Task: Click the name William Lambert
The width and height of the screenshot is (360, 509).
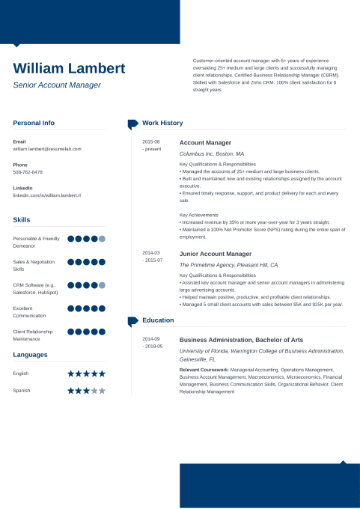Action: [69, 69]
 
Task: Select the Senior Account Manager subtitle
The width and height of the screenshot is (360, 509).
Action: [57, 85]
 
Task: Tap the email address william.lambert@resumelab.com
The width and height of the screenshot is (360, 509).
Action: [47, 149]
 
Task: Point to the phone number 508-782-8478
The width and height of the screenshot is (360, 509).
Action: [28, 172]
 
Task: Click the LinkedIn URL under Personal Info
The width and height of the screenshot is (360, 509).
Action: [46, 195]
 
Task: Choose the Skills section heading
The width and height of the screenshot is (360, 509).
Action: [22, 220]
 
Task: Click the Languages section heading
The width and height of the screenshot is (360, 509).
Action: [30, 355]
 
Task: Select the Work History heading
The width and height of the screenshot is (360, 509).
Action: [162, 123]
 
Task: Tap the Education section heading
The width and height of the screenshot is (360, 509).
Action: [158, 320]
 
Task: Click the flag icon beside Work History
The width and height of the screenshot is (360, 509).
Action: [132, 124]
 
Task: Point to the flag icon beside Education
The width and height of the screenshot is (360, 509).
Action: [132, 321]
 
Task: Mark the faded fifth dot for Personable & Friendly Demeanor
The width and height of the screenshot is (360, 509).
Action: [102, 239]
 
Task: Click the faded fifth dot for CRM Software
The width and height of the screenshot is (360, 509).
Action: [102, 285]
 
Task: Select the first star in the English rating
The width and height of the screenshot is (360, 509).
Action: [71, 373]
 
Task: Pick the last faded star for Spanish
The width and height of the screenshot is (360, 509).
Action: [102, 391]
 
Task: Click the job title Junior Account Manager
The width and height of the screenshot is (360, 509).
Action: [216, 254]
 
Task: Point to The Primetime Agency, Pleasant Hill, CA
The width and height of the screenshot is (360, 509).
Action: [228, 265]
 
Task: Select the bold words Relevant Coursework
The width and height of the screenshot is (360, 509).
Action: [204, 370]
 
